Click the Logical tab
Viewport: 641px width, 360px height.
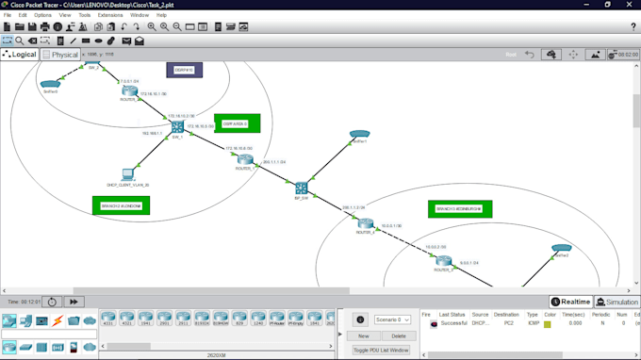(20, 55)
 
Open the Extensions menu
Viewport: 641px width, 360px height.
(109, 15)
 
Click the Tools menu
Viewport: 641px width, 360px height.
(85, 15)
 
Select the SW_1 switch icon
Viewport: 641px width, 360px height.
(176, 127)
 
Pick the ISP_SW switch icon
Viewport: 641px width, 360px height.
(302, 188)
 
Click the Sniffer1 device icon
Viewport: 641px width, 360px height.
(358, 135)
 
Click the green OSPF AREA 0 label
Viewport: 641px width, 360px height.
(236, 123)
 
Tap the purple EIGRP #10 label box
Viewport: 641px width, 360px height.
(184, 69)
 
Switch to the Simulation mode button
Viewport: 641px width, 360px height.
(617, 302)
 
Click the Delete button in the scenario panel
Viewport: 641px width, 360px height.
(398, 335)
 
